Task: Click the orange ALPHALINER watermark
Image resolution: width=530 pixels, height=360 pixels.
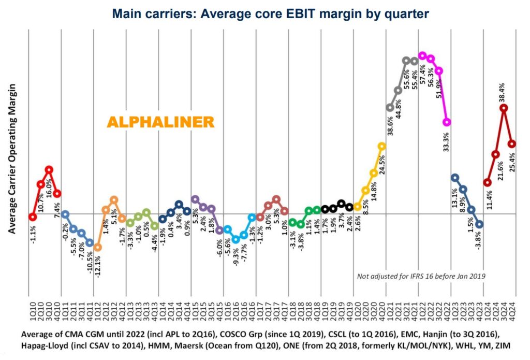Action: pyautogui.click(x=160, y=122)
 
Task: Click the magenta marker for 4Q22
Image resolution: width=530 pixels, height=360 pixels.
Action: pyautogui.click(x=447, y=122)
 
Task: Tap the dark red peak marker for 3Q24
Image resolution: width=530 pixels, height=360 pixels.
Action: pyautogui.click(x=504, y=108)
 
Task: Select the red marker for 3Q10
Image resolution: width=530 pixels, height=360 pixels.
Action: pyautogui.click(x=49, y=169)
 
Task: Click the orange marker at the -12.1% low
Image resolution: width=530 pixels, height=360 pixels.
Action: pyautogui.click(x=97, y=247)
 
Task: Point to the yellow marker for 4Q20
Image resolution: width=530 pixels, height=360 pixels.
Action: pyautogui.click(x=382, y=146)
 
